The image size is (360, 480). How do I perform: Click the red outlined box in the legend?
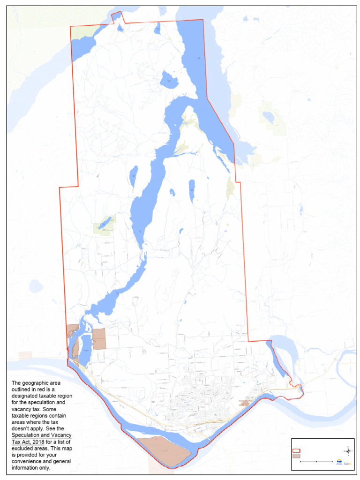point(296,450)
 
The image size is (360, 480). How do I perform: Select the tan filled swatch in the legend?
point(296,456)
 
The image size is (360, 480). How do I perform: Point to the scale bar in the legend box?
point(316,462)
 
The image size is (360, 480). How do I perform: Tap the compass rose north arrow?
point(348,451)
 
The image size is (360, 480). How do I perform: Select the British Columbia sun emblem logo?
point(339,462)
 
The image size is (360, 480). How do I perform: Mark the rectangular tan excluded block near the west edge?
point(99,339)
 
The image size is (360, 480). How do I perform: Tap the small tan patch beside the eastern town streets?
point(244,403)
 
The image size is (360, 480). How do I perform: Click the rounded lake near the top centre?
point(169,80)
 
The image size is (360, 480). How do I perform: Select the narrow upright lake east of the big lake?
point(192,190)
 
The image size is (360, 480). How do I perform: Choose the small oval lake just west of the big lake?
point(134,175)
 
